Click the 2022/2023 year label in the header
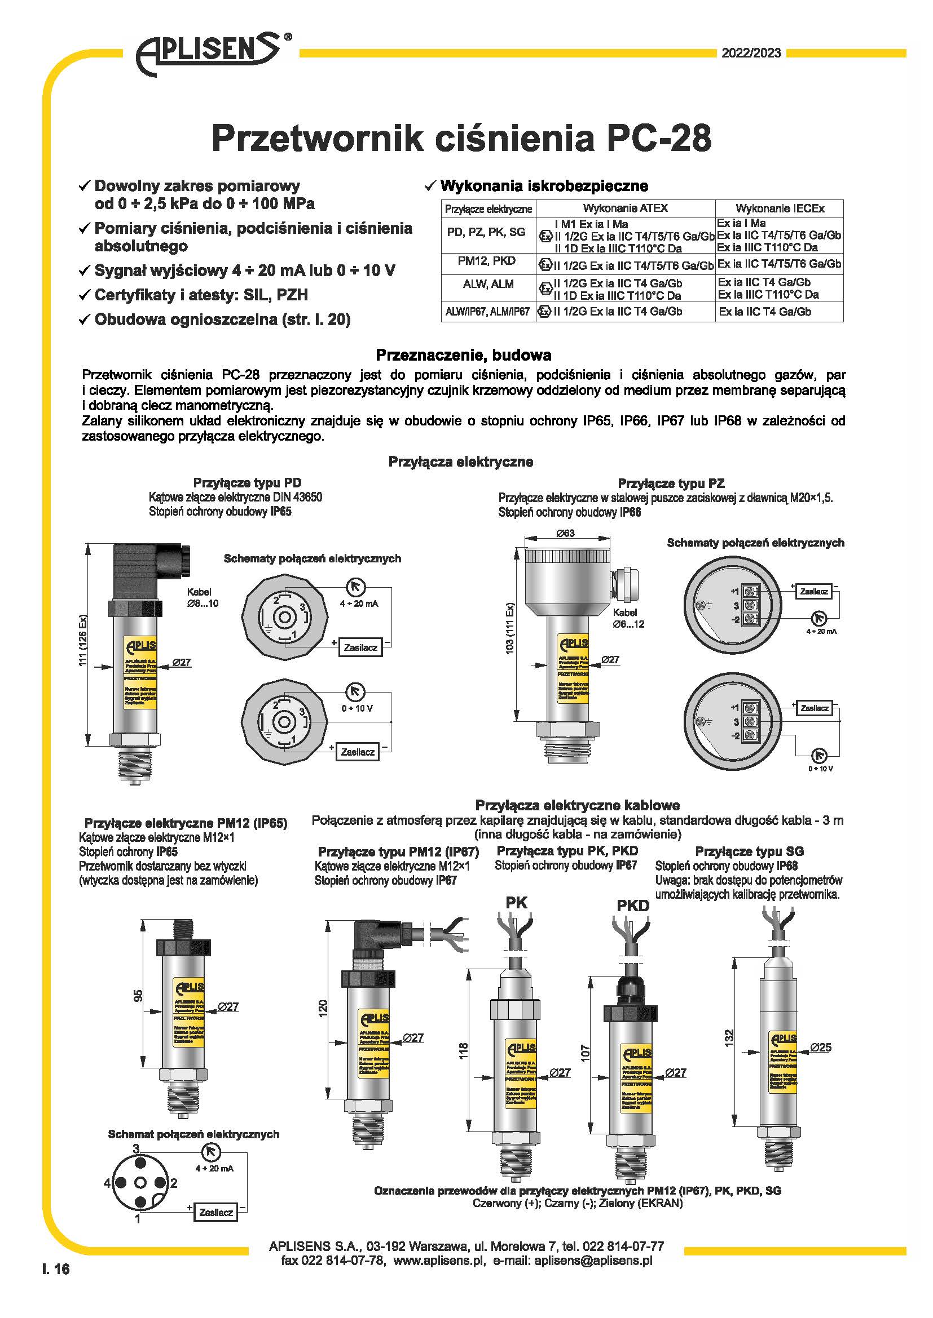[x=751, y=53]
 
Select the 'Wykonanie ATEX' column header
[x=625, y=208]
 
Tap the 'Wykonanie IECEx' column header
[x=780, y=208]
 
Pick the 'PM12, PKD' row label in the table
[x=487, y=261]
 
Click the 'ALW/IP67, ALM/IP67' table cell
[x=488, y=312]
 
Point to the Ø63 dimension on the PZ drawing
[x=565, y=533]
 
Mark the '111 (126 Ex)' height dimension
[x=83, y=641]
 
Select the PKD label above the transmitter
[x=632, y=906]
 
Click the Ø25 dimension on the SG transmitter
[x=821, y=1047]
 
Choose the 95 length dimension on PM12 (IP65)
[x=138, y=995]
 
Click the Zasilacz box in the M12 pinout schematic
[x=216, y=1212]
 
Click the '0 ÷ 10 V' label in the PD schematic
[x=357, y=708]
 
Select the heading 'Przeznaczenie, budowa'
[x=463, y=355]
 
